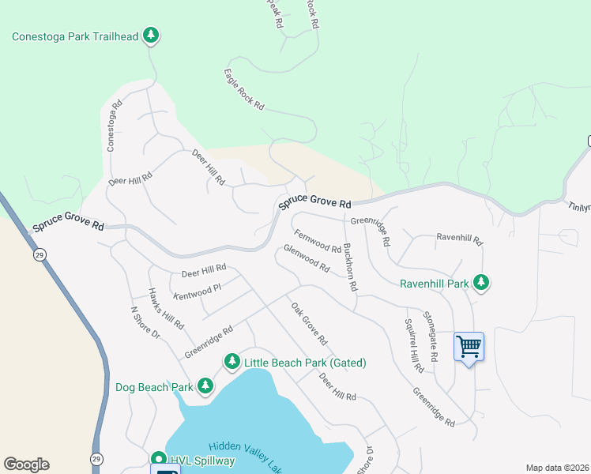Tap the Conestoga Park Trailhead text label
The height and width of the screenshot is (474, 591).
click(x=75, y=36)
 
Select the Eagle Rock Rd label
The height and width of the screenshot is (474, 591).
click(x=244, y=93)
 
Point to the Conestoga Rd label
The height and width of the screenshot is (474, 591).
click(x=115, y=125)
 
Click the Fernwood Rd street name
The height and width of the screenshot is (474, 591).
click(x=318, y=242)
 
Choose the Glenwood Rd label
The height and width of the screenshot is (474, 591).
click(x=306, y=258)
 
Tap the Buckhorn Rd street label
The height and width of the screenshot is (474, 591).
click(x=350, y=266)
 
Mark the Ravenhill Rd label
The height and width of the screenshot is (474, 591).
click(x=459, y=237)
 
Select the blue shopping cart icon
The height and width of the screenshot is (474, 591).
click(x=469, y=346)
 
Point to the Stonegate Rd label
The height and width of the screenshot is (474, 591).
click(x=431, y=337)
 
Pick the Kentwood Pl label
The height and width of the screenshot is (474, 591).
click(x=197, y=291)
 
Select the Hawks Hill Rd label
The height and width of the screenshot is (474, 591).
click(x=167, y=308)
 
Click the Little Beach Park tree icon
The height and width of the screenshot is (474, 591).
click(x=232, y=362)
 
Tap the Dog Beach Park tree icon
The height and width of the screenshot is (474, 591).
click(x=205, y=386)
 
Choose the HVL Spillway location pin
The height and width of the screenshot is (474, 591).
click(x=158, y=459)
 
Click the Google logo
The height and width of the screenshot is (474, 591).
click(x=26, y=465)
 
